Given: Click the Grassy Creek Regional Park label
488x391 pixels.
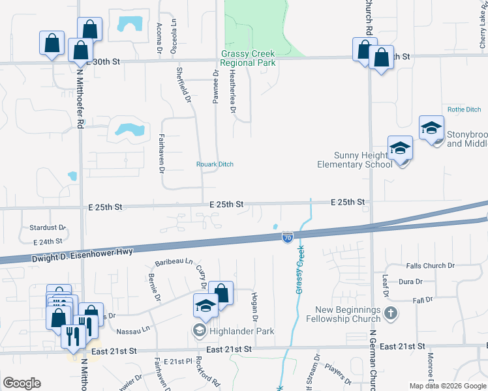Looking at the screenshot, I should coord(247,58).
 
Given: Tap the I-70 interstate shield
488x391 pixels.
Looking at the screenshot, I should coord(287,238).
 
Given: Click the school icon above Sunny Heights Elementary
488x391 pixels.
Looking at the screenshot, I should coord(400,149).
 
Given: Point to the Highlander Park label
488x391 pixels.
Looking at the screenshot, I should coord(241,331).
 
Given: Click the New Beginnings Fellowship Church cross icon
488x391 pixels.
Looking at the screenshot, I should coord(390,313).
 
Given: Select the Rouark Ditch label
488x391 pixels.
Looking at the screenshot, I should coord(215,164).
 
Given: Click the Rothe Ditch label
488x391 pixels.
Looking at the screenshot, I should coord(464,109).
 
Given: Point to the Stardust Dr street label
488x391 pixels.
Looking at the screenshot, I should coord(48,228).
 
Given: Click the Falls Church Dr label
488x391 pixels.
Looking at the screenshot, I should coord(429,266).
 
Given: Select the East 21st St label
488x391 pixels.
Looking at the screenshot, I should coord(234,350).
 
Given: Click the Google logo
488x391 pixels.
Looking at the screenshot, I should coord(22,383).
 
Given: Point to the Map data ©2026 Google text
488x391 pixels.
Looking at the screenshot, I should coord(447,386).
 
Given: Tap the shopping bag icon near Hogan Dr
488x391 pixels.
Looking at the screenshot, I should coord(221,293).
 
